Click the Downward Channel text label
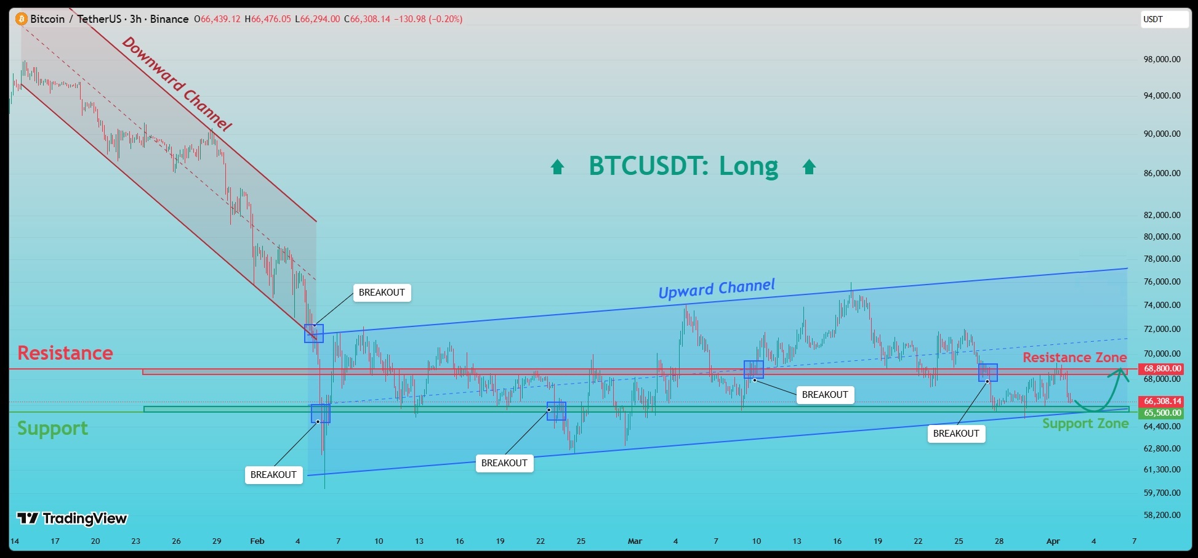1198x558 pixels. pyautogui.click(x=177, y=84)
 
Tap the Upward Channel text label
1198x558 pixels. pyautogui.click(x=717, y=288)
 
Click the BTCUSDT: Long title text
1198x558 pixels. pyautogui.click(x=683, y=166)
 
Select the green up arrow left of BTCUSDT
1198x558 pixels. pyautogui.click(x=557, y=167)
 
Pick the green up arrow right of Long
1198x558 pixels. pyautogui.click(x=809, y=167)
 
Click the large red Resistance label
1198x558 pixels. pyautogui.click(x=65, y=353)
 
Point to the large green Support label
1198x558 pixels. pyautogui.click(x=52, y=429)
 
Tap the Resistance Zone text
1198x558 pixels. pyautogui.click(x=1074, y=357)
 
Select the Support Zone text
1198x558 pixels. pyautogui.click(x=1085, y=424)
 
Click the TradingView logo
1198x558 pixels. pyautogui.click(x=71, y=519)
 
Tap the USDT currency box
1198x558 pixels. pyautogui.click(x=1164, y=19)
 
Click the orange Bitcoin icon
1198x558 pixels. pyautogui.click(x=22, y=19)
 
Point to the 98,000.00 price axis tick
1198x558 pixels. pyautogui.click(x=1162, y=60)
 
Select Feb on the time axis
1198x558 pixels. pyautogui.click(x=257, y=541)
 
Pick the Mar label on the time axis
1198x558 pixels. pyautogui.click(x=635, y=541)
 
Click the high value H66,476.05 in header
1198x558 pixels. pyautogui.click(x=268, y=19)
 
